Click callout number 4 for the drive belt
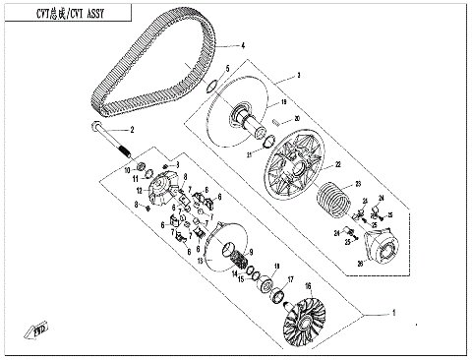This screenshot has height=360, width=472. click(243, 47)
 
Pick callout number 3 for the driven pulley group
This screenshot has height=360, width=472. click(298, 76)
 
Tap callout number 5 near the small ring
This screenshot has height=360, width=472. click(227, 68)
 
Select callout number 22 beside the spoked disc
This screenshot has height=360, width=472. click(336, 164)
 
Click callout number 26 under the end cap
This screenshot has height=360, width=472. click(360, 263)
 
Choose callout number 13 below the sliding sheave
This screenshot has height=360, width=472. click(199, 263)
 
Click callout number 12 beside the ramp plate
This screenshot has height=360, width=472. click(141, 189)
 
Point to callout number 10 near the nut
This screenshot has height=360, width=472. click(127, 170)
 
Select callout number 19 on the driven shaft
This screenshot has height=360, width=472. click(283, 102)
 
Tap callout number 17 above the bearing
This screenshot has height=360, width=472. click(290, 279)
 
